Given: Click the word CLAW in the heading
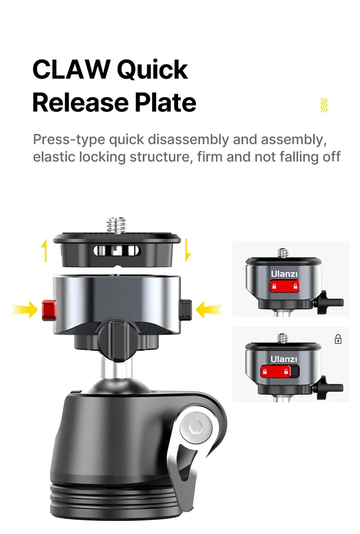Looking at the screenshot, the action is pyautogui.click(x=71, y=70).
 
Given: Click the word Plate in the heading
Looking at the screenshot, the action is pyautogui.click(x=166, y=102).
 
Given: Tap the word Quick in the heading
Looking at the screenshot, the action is pyautogui.click(x=152, y=70).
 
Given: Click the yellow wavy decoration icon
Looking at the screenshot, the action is pyautogui.click(x=324, y=105).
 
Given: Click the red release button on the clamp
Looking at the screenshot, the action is pyautogui.click(x=49, y=310).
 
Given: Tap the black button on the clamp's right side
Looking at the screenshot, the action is pyautogui.click(x=186, y=309).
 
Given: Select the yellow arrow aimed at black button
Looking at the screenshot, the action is pyautogui.click(x=209, y=310).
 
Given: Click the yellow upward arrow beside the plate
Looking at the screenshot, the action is pyautogui.click(x=44, y=250).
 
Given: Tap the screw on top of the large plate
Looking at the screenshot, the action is pyautogui.click(x=116, y=225).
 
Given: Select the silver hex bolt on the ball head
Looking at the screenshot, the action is pyautogui.click(x=196, y=427).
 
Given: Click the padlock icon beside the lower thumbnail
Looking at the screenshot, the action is pyautogui.click(x=338, y=339).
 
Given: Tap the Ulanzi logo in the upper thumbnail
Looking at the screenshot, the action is pyautogui.click(x=284, y=273).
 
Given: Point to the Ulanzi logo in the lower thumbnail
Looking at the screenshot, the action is pyautogui.click(x=284, y=359).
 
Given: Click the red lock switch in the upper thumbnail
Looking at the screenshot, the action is pyautogui.click(x=285, y=286).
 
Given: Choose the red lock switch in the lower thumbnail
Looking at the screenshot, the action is pyautogui.click(x=276, y=371).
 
